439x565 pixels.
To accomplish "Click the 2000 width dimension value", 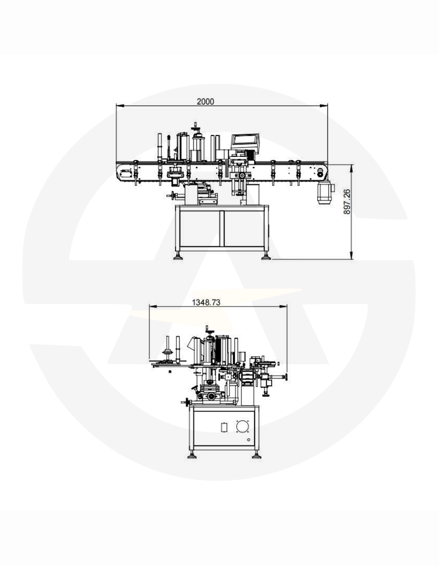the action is click(205, 101).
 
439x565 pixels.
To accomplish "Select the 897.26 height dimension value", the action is click(347, 202).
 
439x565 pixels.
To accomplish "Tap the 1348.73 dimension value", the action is click(206, 302).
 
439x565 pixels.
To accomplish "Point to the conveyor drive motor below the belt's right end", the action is click(325, 193).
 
